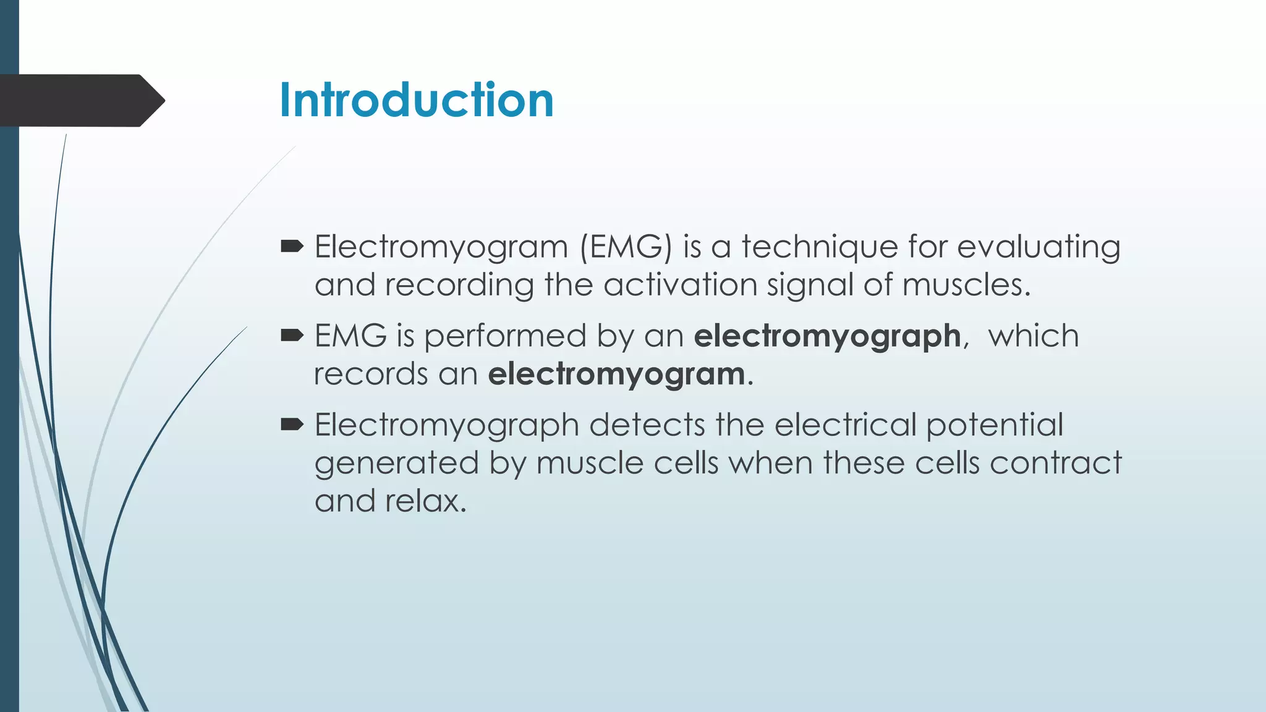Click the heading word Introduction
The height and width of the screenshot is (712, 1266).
pyautogui.click(x=416, y=100)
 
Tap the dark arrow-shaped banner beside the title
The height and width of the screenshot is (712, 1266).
pyautogui.click(x=80, y=101)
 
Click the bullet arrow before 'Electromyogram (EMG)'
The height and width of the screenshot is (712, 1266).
pyautogui.click(x=292, y=247)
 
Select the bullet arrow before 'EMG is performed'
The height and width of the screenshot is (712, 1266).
pyautogui.click(x=292, y=336)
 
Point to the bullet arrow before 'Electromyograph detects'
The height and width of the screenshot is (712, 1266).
pyautogui.click(x=292, y=425)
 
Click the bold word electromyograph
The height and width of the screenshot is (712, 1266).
pyautogui.click(x=827, y=337)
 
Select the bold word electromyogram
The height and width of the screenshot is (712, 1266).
pyautogui.click(x=616, y=375)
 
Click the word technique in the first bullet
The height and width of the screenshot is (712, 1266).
pyautogui.click(x=820, y=247)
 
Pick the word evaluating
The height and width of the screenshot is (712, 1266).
pyautogui.click(x=1039, y=247)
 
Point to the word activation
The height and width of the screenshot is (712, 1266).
pyautogui.click(x=680, y=285)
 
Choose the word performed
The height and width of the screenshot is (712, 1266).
pyautogui.click(x=504, y=337)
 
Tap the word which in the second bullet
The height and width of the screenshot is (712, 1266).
pyautogui.click(x=1033, y=336)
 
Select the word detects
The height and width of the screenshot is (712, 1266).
pyautogui.click(x=647, y=425)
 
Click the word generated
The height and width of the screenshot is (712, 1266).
pyautogui.click(x=396, y=464)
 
